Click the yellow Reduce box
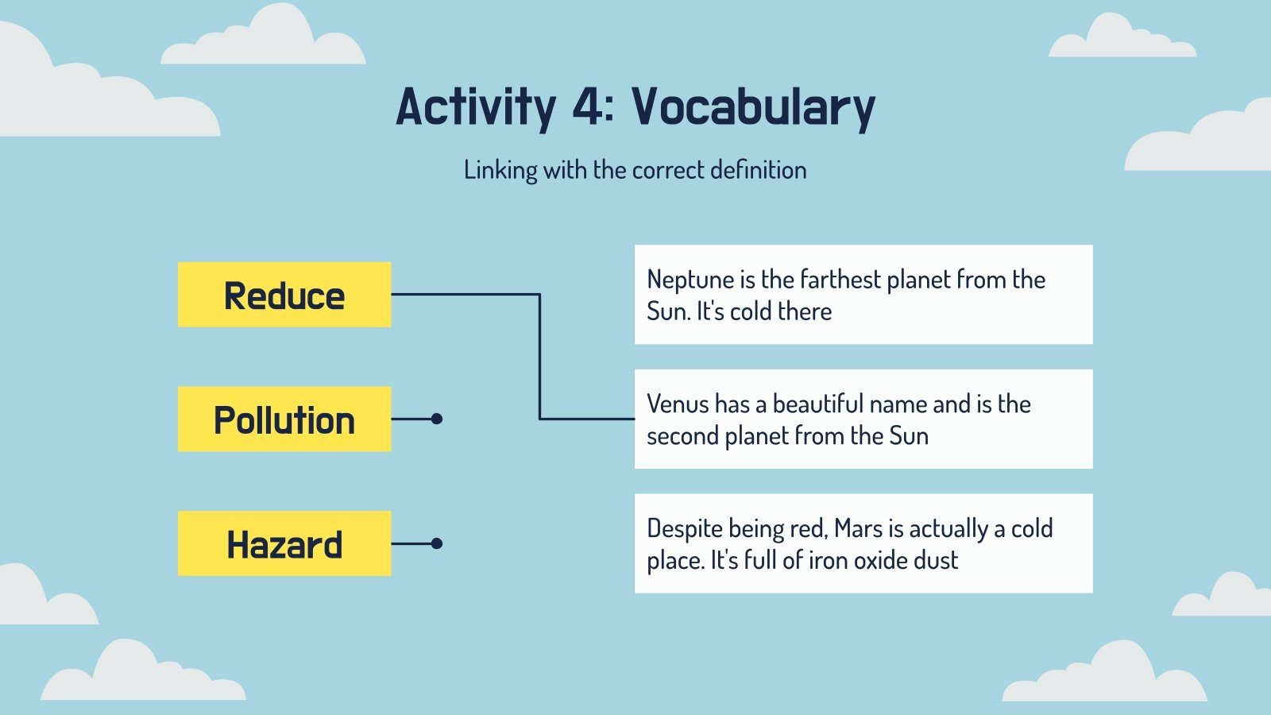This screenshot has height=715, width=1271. pyautogui.click(x=284, y=295)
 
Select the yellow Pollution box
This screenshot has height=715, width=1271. pyautogui.click(x=284, y=419)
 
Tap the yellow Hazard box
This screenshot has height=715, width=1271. pyautogui.click(x=284, y=543)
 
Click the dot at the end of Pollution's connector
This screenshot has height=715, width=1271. pyautogui.click(x=436, y=419)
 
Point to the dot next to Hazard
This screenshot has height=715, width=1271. pyautogui.click(x=436, y=543)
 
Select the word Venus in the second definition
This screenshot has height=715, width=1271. pyautogui.click(x=678, y=404)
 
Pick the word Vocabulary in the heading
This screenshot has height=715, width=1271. pyautogui.click(x=754, y=109)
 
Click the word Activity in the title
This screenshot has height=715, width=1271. pyautogui.click(x=476, y=109)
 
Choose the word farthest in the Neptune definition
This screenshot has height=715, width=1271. pyautogui.click(x=840, y=280)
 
